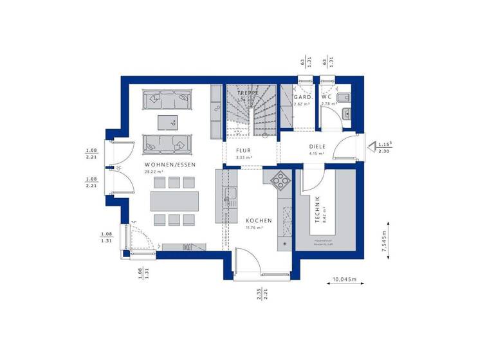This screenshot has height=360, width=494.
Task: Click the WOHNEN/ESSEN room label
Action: (170, 165)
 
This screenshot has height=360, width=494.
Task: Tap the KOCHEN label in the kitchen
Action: (259, 221)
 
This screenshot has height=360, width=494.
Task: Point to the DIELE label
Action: (317, 147)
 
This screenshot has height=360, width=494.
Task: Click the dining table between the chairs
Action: (174, 201)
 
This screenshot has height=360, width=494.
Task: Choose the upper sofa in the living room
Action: (169, 100)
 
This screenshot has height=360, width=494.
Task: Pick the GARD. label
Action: (303, 97)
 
